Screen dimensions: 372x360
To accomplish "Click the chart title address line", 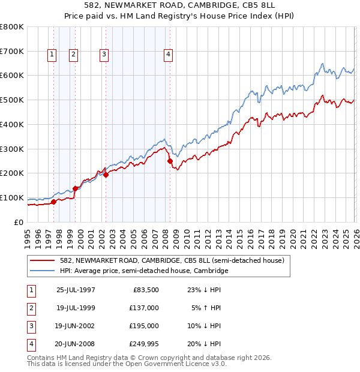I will (180, 5).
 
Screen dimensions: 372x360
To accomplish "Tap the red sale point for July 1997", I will (54, 202).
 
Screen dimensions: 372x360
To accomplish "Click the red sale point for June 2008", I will (170, 161).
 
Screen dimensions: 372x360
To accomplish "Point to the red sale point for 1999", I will (75, 188).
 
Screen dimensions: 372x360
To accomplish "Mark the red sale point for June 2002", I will (106, 175).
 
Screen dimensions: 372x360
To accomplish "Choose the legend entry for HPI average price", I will (144, 271).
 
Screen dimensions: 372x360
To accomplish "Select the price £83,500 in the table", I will (145, 290).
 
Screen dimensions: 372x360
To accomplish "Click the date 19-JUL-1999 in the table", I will (76, 308).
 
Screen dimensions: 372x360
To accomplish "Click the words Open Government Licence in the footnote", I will (175, 364).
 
